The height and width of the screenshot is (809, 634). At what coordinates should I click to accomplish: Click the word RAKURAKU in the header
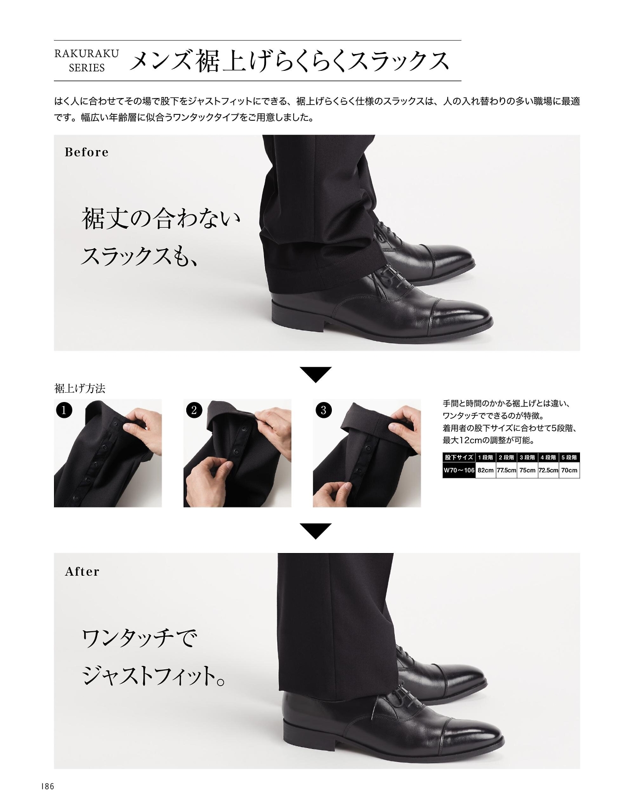tap(87, 53)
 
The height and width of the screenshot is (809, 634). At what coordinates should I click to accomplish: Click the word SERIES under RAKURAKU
tap(87, 68)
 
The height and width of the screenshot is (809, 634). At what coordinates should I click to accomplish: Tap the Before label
tap(87, 152)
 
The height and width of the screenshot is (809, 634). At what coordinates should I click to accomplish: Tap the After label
tap(82, 571)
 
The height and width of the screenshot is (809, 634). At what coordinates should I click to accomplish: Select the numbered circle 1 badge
tap(64, 410)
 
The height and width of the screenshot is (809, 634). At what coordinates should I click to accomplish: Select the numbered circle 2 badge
tap(194, 410)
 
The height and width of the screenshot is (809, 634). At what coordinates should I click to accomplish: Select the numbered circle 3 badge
tap(323, 410)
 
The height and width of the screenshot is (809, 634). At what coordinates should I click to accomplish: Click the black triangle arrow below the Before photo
tap(316, 374)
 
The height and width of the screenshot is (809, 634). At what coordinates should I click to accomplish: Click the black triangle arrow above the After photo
tap(316, 531)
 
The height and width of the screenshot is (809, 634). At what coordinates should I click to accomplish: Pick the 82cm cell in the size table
tap(485, 470)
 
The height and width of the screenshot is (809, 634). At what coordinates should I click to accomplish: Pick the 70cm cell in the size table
tap(569, 470)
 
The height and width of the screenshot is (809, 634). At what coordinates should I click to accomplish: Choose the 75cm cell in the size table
tap(527, 470)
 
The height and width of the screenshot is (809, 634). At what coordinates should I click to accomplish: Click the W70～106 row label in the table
tap(459, 470)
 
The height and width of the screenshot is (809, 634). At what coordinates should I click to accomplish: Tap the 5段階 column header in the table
tap(569, 457)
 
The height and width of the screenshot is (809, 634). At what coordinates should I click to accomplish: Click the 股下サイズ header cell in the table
tap(459, 457)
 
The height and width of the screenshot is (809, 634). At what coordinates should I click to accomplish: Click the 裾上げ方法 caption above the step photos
tap(80, 389)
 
